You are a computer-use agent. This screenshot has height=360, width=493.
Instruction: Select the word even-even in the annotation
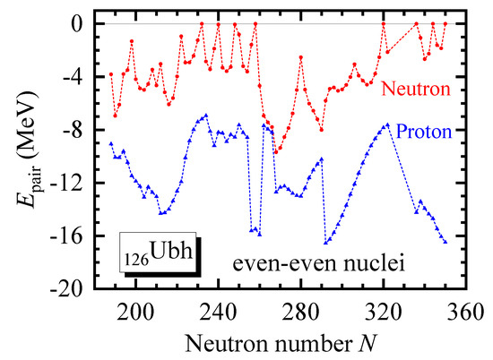click(272, 264)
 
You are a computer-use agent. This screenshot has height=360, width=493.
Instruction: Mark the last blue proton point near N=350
click(445, 242)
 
